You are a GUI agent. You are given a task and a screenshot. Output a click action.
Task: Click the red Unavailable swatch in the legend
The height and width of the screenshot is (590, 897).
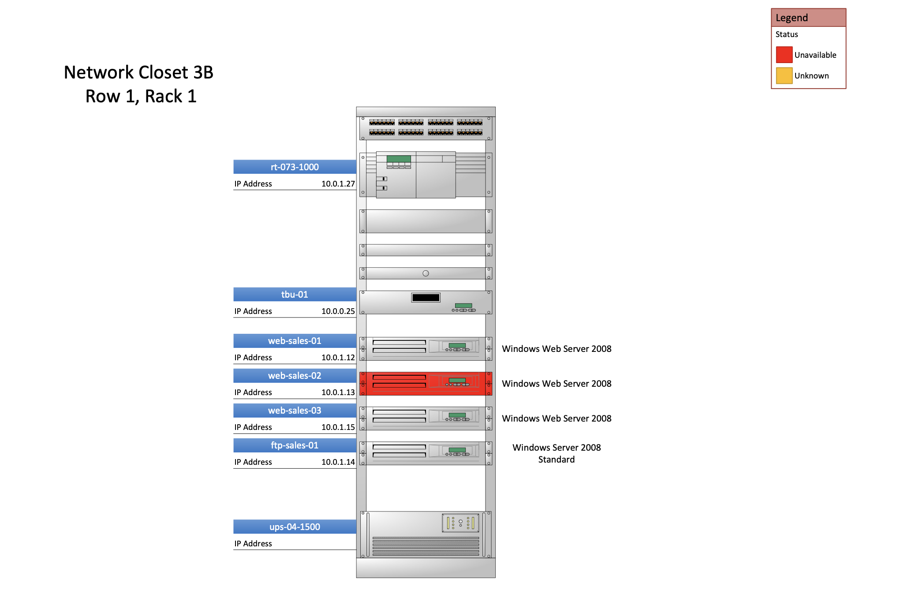tap(784, 55)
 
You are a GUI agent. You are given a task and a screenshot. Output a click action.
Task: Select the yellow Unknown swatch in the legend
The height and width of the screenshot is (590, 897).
tap(784, 75)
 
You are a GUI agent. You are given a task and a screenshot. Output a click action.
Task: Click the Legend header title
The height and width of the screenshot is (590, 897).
tap(792, 18)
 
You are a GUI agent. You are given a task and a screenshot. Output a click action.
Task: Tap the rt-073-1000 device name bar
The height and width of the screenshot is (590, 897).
tap(295, 167)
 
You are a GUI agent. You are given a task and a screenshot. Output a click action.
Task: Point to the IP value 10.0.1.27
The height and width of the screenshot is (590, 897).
tap(338, 184)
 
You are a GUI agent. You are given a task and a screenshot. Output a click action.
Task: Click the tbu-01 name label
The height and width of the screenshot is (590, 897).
tap(295, 294)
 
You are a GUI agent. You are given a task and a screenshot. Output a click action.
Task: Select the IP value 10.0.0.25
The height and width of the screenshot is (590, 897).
tap(338, 311)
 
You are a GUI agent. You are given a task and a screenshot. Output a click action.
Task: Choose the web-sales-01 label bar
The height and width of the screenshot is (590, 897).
tap(295, 340)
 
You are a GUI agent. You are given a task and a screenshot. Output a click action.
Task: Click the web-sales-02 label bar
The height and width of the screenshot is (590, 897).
tap(295, 375)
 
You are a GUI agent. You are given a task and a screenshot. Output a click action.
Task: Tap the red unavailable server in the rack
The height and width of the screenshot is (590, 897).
tap(426, 383)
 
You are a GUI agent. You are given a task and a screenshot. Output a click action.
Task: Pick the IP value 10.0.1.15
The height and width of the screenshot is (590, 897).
tap(338, 427)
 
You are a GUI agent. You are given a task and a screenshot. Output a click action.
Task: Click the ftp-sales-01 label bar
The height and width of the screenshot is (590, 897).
tap(295, 445)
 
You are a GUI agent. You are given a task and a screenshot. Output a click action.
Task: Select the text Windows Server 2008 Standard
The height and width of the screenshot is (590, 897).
tap(557, 453)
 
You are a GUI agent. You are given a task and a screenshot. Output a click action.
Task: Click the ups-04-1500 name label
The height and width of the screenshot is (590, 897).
tap(295, 527)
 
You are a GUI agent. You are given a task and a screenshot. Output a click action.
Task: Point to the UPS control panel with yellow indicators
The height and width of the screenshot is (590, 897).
tap(460, 523)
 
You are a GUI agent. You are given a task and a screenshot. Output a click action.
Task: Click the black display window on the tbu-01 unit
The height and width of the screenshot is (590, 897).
tap(426, 298)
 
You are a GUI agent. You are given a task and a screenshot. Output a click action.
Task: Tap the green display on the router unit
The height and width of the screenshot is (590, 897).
tap(399, 159)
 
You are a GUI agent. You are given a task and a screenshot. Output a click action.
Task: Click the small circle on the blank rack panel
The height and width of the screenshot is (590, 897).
tap(426, 273)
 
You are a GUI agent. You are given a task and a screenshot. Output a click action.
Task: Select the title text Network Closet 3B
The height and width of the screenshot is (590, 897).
tap(138, 72)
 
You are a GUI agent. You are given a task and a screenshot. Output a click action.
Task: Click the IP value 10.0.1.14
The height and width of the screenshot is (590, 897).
tap(338, 462)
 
